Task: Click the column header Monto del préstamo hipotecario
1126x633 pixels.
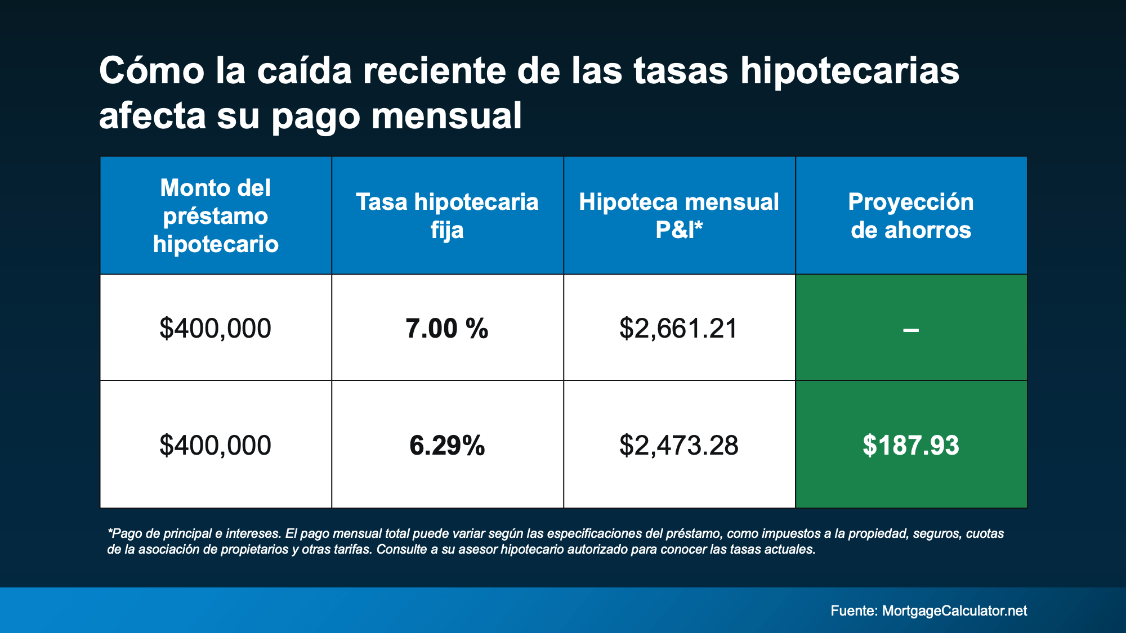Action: coord(216,216)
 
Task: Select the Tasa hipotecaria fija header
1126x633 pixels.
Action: coord(447,216)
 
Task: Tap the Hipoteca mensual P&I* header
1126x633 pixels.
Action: coord(679,216)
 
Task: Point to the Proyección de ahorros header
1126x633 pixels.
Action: coord(911,216)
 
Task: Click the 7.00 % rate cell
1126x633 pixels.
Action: coord(447,328)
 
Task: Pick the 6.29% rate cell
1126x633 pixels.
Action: coord(447,445)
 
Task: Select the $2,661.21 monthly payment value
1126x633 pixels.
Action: coord(678,328)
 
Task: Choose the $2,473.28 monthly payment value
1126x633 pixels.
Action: coord(678,445)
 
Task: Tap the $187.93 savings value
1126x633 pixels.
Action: coord(911,445)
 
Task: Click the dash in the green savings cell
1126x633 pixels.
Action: coord(911,330)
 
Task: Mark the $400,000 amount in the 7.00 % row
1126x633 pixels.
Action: coord(216,328)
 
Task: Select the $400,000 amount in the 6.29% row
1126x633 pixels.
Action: coord(216,445)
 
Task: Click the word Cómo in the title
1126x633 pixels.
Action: coord(151,71)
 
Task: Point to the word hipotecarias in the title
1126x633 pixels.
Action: coord(850,72)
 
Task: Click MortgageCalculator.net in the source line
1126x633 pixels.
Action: coord(954,610)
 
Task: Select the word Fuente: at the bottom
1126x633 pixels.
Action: coord(854,610)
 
